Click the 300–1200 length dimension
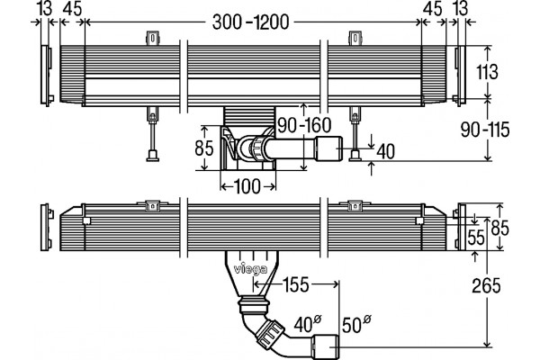click(x=250, y=22)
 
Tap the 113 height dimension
click(x=487, y=72)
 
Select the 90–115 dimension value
click(x=485, y=130)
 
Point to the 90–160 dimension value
click(x=304, y=125)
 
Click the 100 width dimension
click(x=247, y=186)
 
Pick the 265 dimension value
click(x=486, y=285)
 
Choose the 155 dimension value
click(x=296, y=285)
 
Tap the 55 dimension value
click(x=476, y=238)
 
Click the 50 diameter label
click(x=356, y=325)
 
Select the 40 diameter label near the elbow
click(x=307, y=324)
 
